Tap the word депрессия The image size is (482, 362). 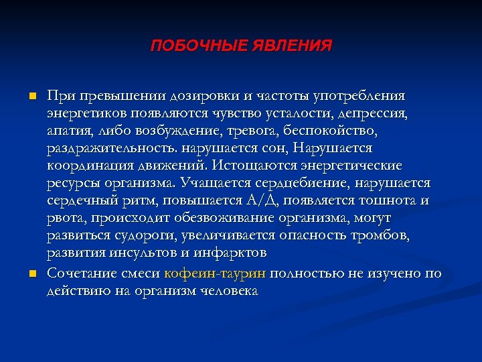click(x=372, y=112)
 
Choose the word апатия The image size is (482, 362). click(x=70, y=129)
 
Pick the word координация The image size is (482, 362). click(x=84, y=165)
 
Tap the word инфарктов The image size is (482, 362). click(x=229, y=253)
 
